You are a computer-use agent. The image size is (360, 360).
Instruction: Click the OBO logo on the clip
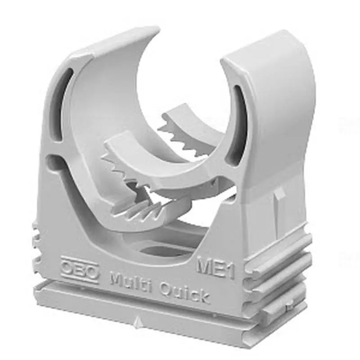[x=80, y=270]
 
